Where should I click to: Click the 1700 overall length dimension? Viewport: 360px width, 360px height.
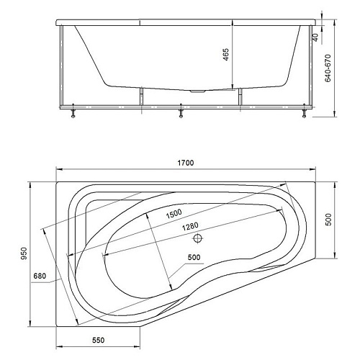(x=186, y=163)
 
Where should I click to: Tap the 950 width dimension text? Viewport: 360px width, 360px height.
(x=24, y=253)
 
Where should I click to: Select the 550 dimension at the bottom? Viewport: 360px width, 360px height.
(x=99, y=340)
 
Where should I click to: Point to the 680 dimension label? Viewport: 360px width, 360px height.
(x=40, y=276)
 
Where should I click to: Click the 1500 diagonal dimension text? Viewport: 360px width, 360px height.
(x=174, y=213)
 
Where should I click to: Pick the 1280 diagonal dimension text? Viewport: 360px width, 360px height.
(x=190, y=226)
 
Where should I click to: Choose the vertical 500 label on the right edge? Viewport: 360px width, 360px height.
(x=328, y=220)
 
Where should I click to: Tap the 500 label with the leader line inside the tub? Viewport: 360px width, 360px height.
(x=194, y=257)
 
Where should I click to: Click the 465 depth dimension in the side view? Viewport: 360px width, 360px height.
(x=226, y=55)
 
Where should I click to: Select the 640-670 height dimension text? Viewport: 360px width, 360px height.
(x=328, y=68)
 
